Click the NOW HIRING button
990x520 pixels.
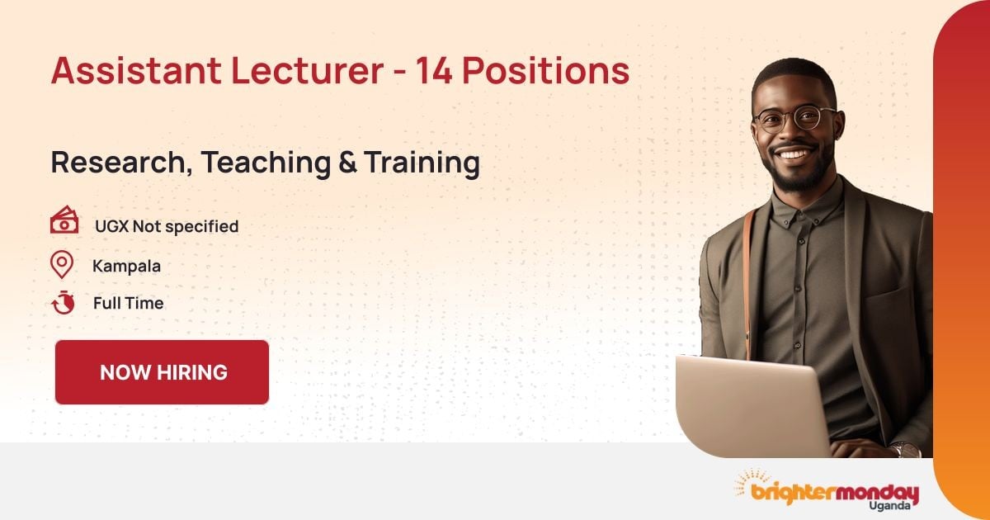click(163, 372)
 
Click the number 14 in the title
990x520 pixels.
click(434, 72)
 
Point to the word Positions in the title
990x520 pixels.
click(545, 72)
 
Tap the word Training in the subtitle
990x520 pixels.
click(422, 163)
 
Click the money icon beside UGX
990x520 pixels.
click(64, 221)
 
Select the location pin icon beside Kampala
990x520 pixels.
click(62, 265)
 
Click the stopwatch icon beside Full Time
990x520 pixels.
click(63, 303)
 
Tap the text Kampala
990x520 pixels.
click(126, 266)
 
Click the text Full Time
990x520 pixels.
click(128, 303)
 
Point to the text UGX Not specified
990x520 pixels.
click(166, 225)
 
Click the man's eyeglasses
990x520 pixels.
click(795, 119)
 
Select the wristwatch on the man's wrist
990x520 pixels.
click(905, 450)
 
